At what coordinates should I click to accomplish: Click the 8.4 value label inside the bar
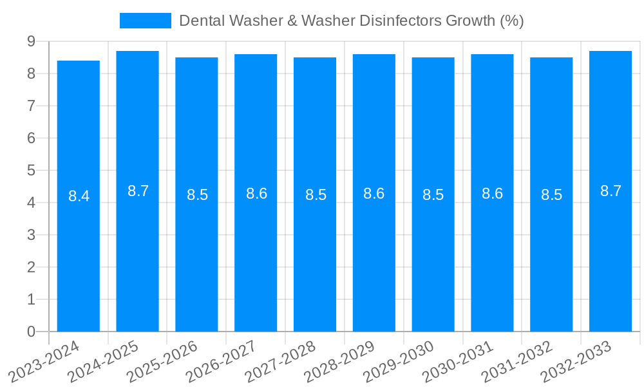(79, 197)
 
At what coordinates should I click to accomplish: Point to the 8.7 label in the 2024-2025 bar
(138, 191)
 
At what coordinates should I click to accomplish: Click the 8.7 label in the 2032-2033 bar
(611, 191)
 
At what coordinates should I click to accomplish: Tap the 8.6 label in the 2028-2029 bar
(374, 193)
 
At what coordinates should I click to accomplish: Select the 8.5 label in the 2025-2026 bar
(197, 195)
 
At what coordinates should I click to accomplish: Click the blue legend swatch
(146, 21)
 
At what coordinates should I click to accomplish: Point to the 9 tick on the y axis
(31, 41)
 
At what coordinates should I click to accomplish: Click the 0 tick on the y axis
(31, 332)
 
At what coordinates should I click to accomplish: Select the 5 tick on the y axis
(31, 170)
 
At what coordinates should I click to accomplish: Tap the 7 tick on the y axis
(31, 106)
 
